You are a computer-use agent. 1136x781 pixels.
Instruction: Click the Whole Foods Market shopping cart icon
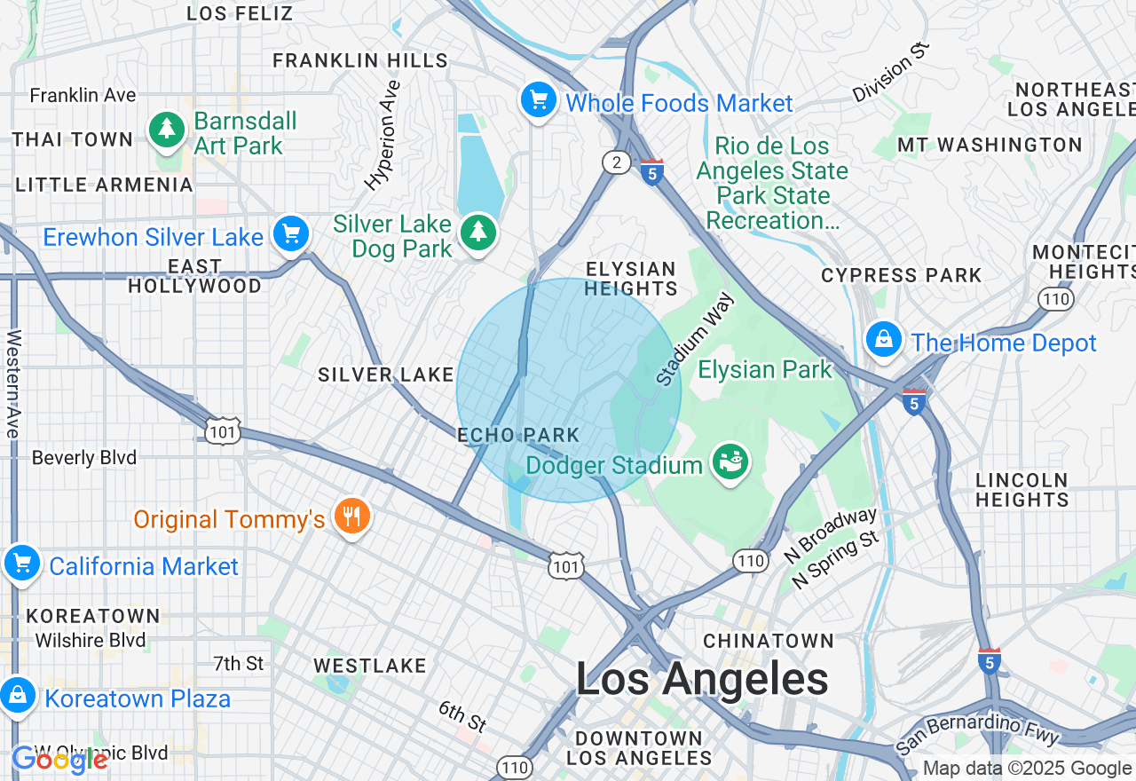coord(538,99)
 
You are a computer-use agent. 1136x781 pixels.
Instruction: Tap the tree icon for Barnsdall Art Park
coord(166,130)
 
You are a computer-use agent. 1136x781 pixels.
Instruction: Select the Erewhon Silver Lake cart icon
coord(291,234)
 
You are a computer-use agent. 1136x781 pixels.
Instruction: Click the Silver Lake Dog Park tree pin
coord(478,233)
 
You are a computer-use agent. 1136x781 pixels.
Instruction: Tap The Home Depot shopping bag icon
coord(884,340)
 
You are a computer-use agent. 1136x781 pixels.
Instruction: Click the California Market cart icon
coord(21,564)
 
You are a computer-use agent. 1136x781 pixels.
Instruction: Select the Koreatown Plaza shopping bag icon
coord(18,696)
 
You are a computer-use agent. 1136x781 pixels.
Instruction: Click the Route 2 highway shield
coord(616,162)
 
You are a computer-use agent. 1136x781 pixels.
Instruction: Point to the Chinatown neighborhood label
coord(769,641)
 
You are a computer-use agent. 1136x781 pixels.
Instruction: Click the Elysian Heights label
coord(631,279)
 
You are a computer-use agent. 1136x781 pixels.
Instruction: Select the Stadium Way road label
coord(696,339)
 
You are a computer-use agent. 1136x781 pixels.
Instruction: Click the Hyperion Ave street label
coord(383,136)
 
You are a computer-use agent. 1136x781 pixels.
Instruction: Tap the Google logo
coord(59,760)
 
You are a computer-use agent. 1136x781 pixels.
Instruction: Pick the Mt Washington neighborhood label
coord(990,145)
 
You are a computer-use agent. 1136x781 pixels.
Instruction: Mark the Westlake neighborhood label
coord(369,666)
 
